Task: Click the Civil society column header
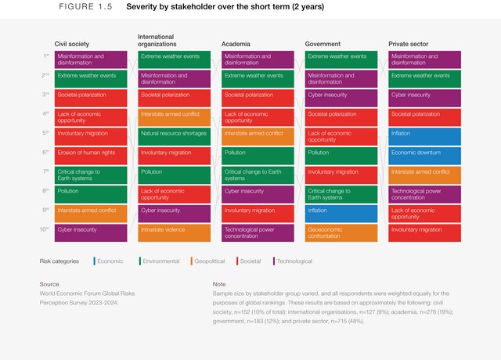click(71, 44)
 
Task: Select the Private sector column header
click(409, 44)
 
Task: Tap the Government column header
click(323, 44)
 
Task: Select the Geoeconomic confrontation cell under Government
click(341, 232)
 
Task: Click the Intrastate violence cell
click(174, 232)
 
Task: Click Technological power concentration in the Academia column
click(258, 232)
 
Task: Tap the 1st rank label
click(46, 56)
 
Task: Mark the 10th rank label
click(46, 229)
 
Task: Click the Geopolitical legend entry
click(211, 261)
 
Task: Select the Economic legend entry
click(110, 261)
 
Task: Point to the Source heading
click(49, 284)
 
